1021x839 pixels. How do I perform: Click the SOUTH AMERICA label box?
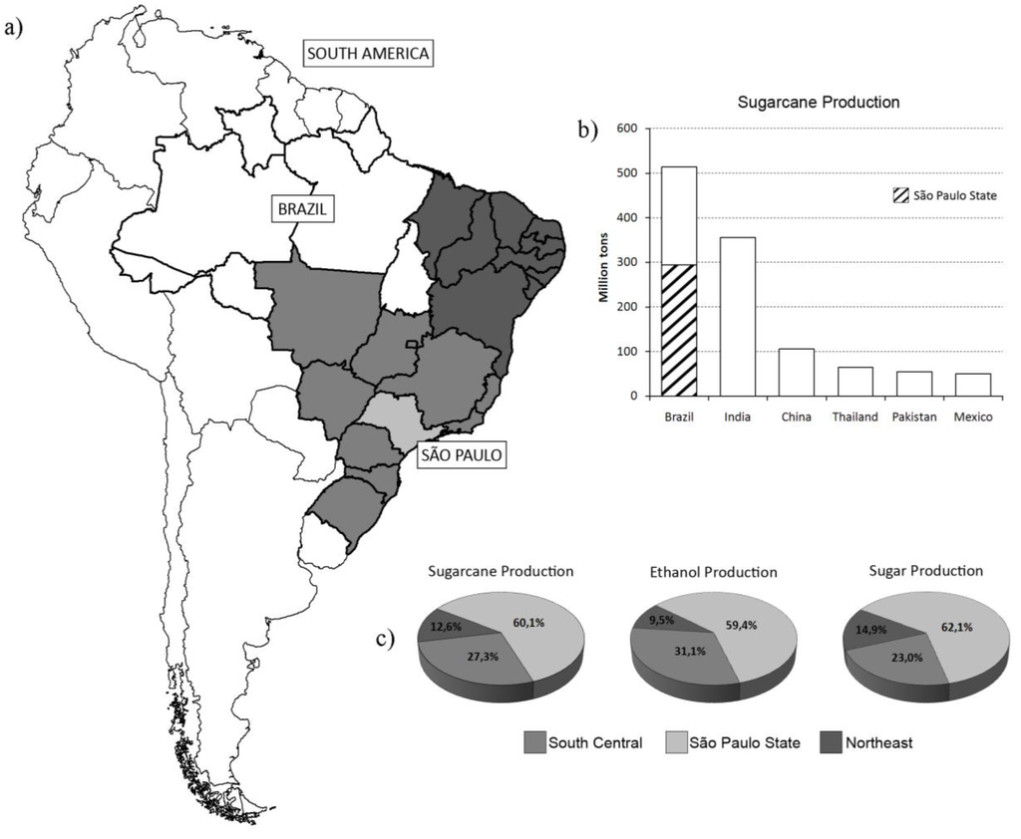[x=369, y=53]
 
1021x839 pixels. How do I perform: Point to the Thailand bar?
[x=854, y=382]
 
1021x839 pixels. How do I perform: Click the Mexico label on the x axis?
[x=972, y=417]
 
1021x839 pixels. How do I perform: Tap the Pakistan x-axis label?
[x=913, y=417]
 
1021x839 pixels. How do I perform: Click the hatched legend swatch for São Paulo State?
[x=875, y=196]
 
